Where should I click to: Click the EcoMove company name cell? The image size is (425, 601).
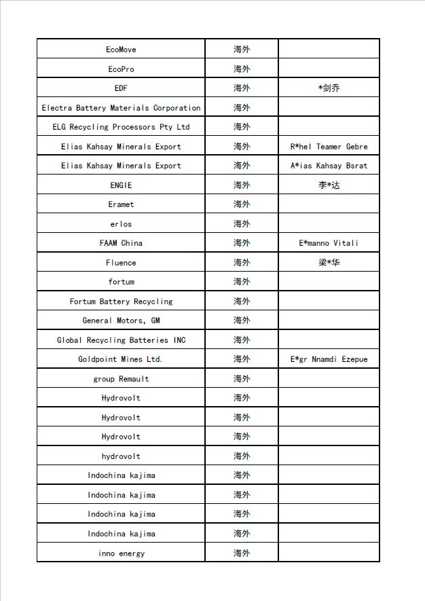click(121, 50)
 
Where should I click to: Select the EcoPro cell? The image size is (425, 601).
click(121, 69)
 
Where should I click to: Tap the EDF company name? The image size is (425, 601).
click(121, 88)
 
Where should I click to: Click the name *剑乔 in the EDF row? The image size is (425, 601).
click(329, 88)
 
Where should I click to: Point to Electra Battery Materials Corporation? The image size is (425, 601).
click(121, 108)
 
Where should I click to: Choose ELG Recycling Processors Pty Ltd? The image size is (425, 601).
click(121, 127)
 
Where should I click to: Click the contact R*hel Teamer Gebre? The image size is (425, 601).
click(329, 147)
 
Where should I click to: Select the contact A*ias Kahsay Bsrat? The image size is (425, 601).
click(329, 166)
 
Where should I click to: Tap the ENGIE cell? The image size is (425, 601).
click(121, 185)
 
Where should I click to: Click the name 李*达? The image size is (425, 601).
click(329, 185)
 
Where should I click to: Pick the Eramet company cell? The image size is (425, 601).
click(121, 204)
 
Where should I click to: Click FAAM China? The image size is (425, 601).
click(121, 243)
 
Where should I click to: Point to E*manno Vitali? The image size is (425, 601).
click(329, 243)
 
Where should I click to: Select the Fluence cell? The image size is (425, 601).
click(121, 263)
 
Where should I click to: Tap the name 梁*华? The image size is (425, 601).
click(329, 262)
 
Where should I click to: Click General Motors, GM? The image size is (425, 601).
click(121, 321)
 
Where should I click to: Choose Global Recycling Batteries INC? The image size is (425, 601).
click(121, 340)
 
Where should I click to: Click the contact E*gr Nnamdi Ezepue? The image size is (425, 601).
click(329, 359)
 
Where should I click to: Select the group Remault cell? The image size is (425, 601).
click(121, 379)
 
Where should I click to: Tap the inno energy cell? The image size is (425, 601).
click(121, 553)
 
